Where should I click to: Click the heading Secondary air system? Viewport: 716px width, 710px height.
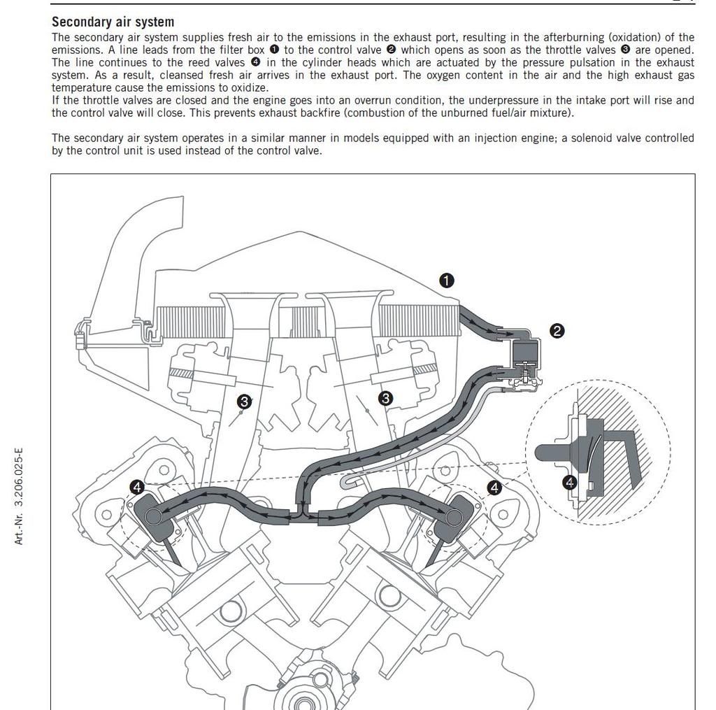(x=113, y=22)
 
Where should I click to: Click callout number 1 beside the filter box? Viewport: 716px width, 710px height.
(x=447, y=281)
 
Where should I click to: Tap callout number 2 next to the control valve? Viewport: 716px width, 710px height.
(x=557, y=331)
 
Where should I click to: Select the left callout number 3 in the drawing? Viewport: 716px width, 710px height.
(x=244, y=402)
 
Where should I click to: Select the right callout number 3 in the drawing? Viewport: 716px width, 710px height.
(x=385, y=398)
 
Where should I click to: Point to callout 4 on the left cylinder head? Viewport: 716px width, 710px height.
(x=137, y=487)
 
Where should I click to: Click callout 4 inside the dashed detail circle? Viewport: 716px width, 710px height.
(x=570, y=482)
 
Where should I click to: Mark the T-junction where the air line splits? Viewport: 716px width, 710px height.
(x=302, y=516)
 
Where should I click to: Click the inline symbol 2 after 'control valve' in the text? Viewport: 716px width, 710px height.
(x=392, y=50)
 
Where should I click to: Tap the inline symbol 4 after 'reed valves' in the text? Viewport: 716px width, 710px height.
(x=255, y=63)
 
